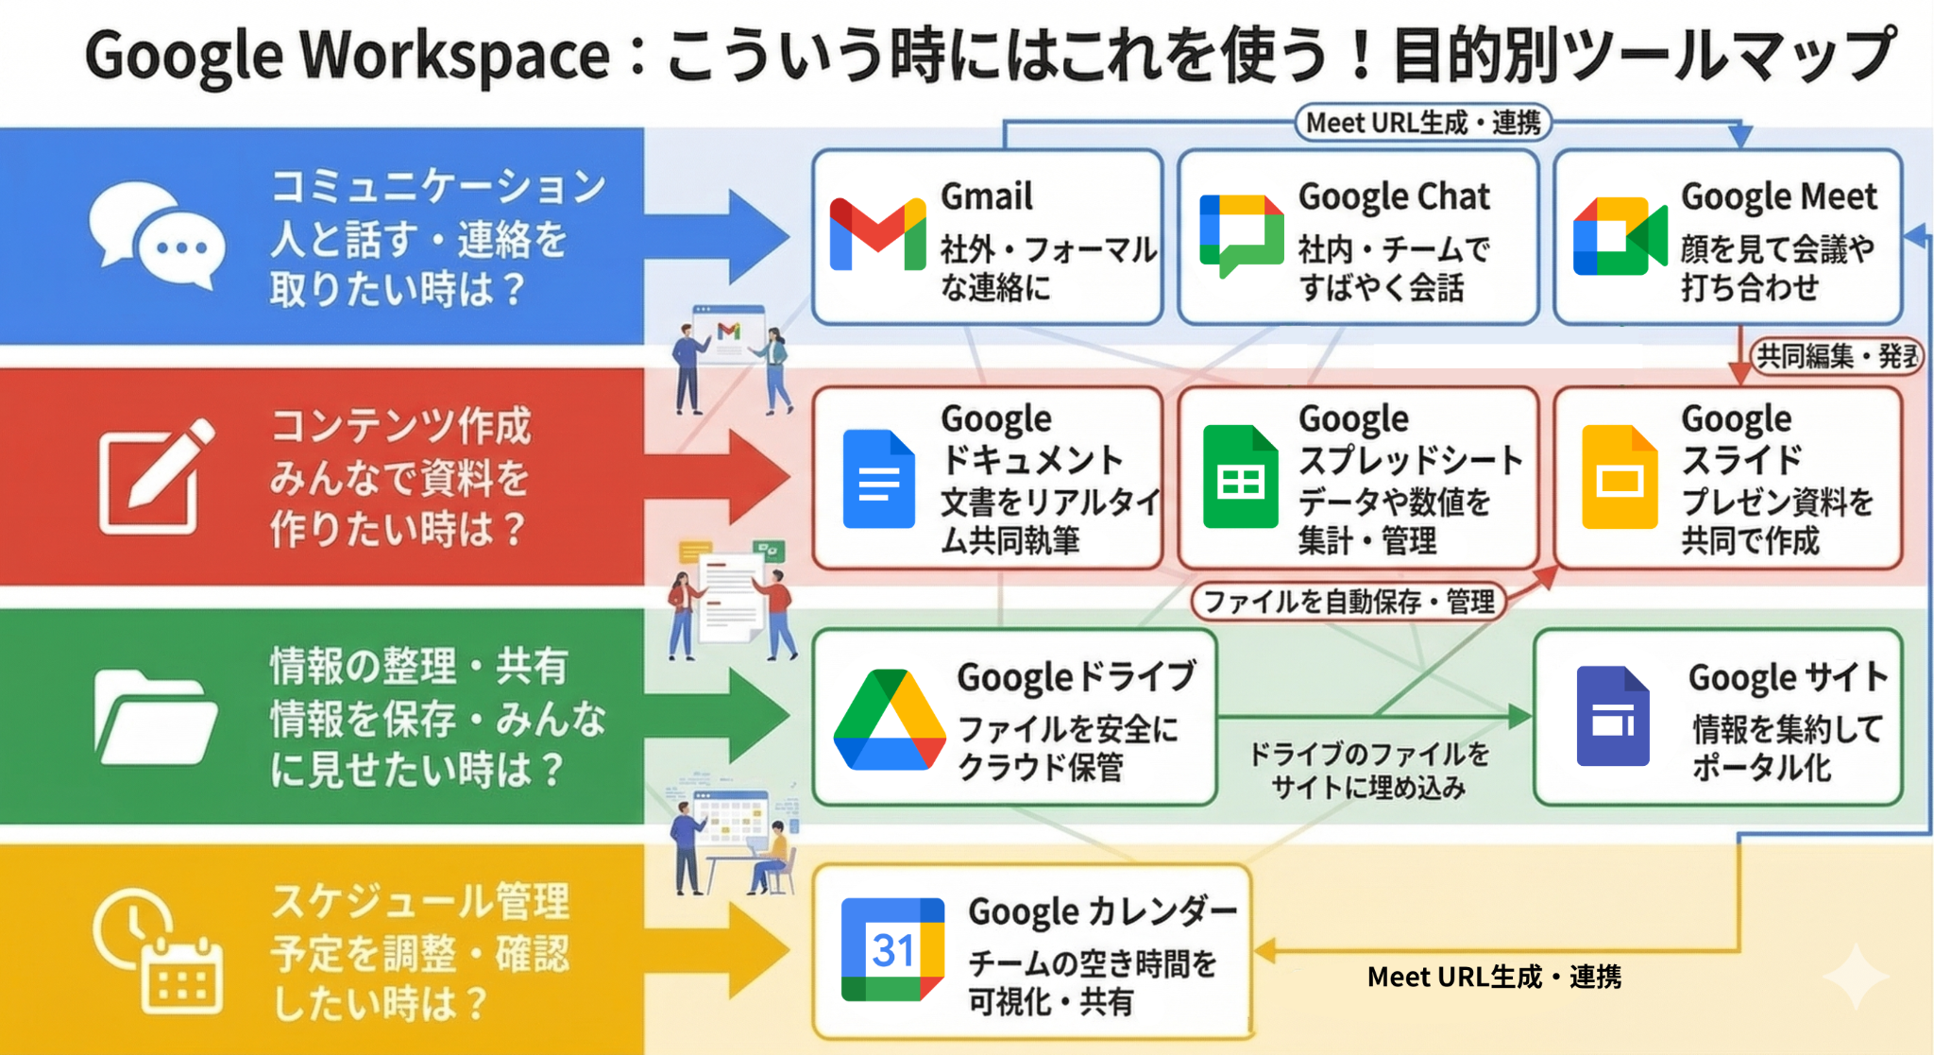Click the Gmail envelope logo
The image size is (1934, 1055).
pyautogui.click(x=877, y=234)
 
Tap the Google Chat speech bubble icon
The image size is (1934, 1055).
pyautogui.click(x=1241, y=234)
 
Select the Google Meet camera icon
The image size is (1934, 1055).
pyautogui.click(x=1619, y=236)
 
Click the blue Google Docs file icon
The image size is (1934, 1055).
pyautogui.click(x=878, y=478)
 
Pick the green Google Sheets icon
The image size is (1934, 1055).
pyautogui.click(x=1240, y=476)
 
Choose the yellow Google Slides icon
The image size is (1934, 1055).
pyautogui.click(x=1619, y=477)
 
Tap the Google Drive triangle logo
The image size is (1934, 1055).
pyautogui.click(x=889, y=720)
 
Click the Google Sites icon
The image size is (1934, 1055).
pyautogui.click(x=1613, y=716)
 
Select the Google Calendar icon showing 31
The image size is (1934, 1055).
pyautogui.click(x=892, y=949)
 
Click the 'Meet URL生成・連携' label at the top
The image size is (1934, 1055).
pyautogui.click(x=1422, y=123)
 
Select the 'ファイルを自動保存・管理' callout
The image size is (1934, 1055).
pyautogui.click(x=1349, y=601)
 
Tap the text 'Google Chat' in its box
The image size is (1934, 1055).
pyautogui.click(x=1394, y=196)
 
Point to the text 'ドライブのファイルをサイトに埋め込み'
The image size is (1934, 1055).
pyautogui.click(x=1368, y=770)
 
